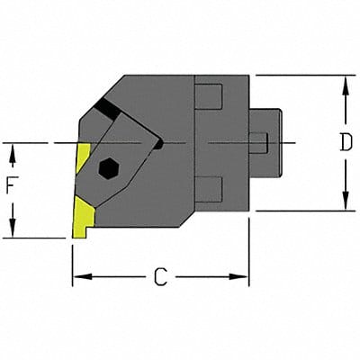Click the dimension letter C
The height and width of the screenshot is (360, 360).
click(x=159, y=277)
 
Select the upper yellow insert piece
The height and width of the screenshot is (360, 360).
click(x=83, y=158)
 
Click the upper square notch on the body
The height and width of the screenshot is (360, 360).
click(x=208, y=95)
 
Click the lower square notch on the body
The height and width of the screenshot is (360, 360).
click(x=208, y=189)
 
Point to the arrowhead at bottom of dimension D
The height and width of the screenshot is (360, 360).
click(x=344, y=204)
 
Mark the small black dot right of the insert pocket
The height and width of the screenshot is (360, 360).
click(x=158, y=142)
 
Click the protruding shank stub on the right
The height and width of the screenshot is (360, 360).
click(x=267, y=142)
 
